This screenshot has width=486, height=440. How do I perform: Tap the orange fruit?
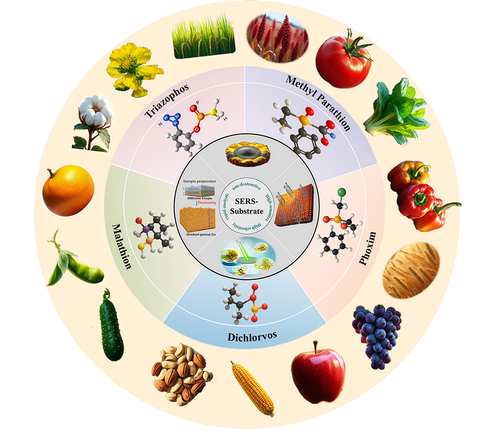point(68,191)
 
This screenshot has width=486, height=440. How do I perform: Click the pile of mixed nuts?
point(181,373)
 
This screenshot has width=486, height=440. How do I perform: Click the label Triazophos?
point(167,101)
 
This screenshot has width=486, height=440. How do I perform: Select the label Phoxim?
point(367,249)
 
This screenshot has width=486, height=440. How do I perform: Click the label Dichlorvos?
point(252,337)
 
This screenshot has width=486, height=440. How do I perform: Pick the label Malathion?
point(122,246)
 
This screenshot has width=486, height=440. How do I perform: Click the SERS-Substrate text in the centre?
point(246,206)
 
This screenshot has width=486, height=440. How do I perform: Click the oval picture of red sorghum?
point(278,37)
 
